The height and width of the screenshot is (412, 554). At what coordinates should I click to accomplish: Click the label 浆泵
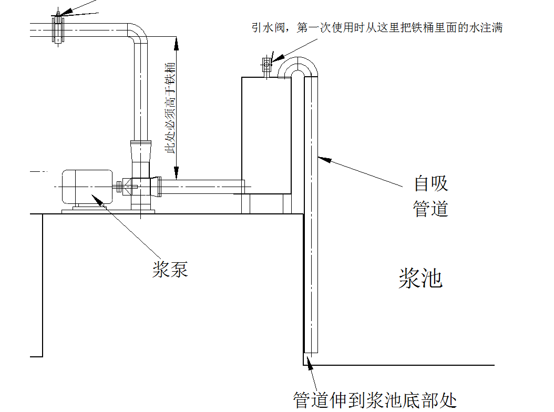tap(170, 270)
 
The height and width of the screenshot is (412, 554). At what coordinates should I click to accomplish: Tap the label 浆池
tap(420, 278)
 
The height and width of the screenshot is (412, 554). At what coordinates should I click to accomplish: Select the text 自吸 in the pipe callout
tap(430, 184)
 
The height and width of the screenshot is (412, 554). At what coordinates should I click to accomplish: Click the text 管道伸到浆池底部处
tap(375, 400)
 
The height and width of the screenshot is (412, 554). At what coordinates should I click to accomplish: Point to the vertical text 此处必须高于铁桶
tap(170, 108)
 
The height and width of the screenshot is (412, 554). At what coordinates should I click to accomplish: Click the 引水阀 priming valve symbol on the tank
tap(266, 65)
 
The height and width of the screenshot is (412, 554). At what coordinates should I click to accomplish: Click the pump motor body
tap(87, 186)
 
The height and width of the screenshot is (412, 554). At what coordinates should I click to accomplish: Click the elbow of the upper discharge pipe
tap(138, 33)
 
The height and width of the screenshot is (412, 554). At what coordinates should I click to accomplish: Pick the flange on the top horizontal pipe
tap(58, 28)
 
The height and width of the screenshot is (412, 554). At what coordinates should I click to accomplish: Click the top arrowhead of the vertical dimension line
tap(177, 42)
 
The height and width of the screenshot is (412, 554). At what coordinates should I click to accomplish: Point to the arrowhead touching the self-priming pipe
tap(323, 158)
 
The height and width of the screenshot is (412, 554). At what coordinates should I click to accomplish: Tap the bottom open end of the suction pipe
tap(311, 351)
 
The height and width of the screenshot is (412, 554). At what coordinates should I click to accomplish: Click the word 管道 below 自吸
tap(430, 209)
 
